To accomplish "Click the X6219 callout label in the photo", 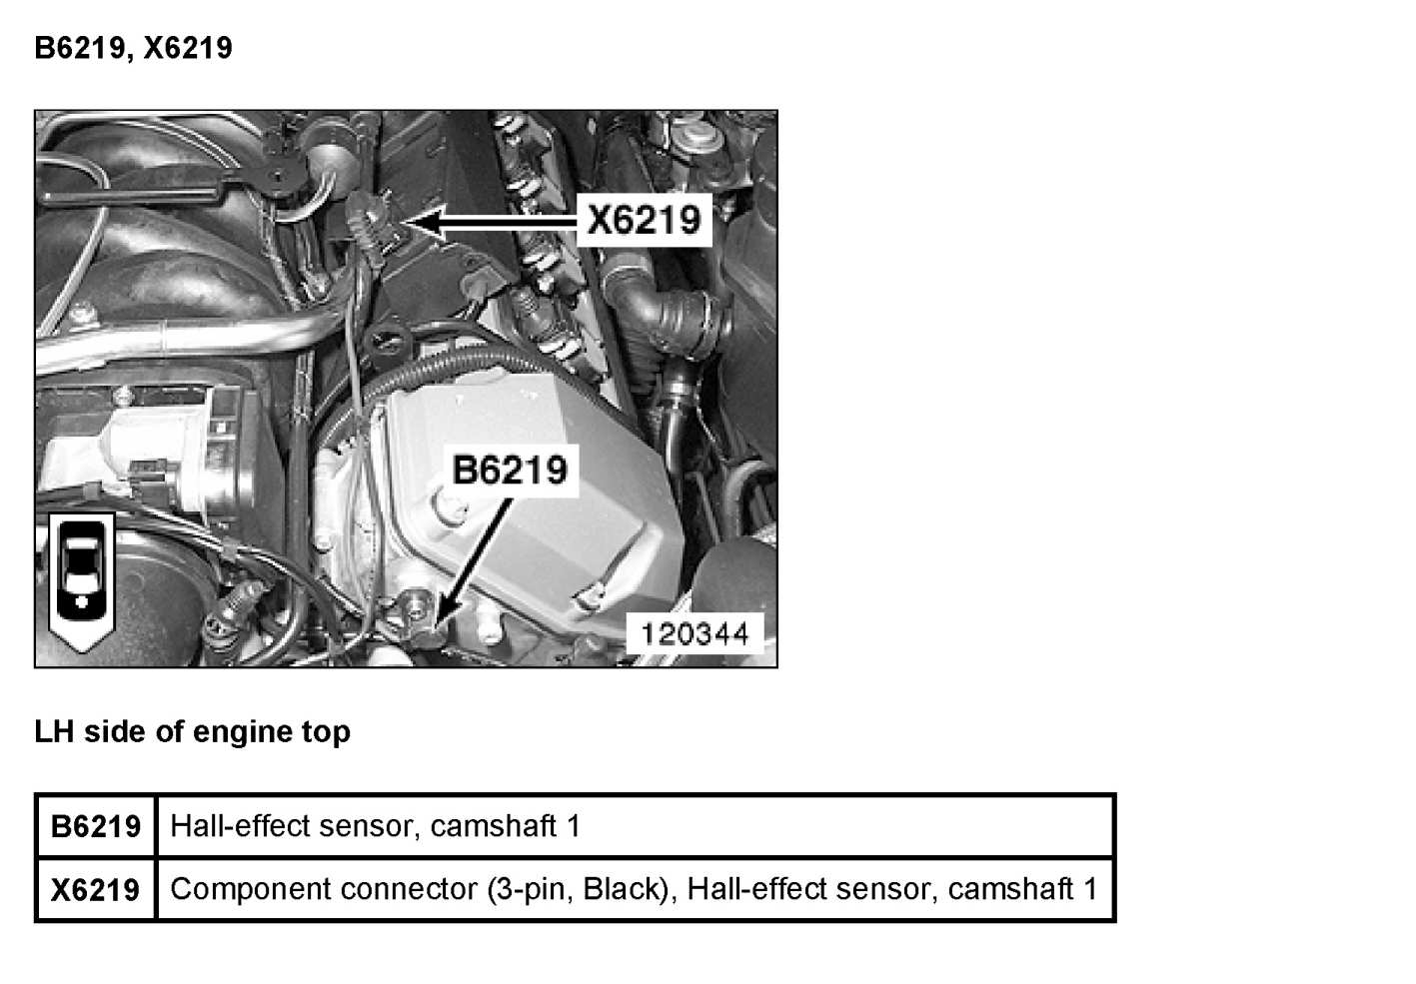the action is point(645,219).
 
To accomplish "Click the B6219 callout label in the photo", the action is point(510,469).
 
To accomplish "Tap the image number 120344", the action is point(695,633).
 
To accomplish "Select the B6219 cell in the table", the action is point(96,827).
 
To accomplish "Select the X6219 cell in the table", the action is point(96,889).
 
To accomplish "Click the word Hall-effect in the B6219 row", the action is point(224,826).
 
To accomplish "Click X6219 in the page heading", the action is point(188,48).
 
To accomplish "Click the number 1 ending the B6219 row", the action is point(573,826).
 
